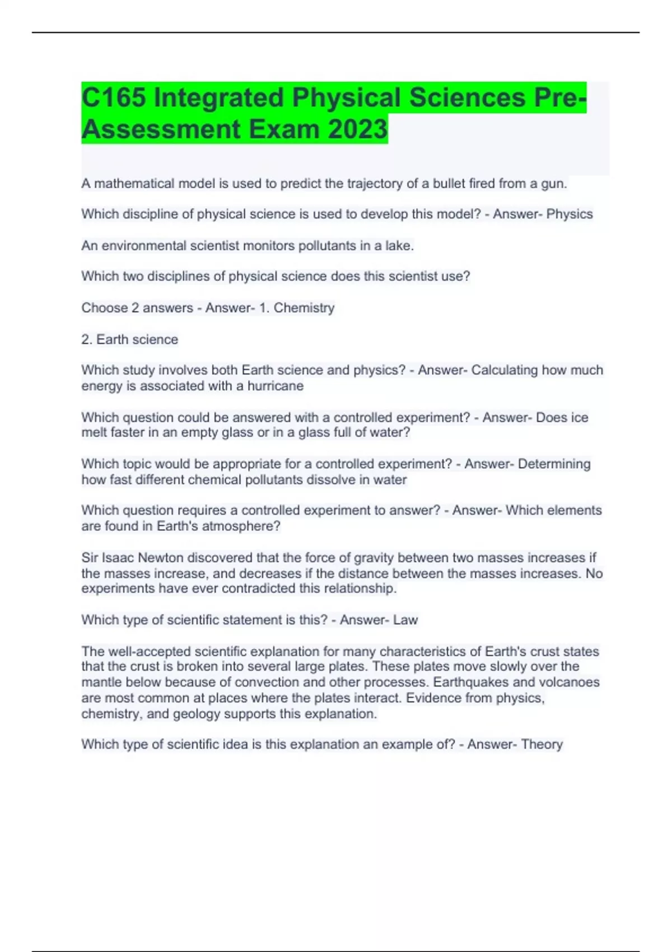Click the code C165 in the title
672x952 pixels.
click(x=114, y=97)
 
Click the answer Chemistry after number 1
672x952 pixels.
click(x=304, y=307)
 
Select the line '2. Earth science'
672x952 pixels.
click(x=130, y=339)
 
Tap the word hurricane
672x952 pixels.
click(x=276, y=386)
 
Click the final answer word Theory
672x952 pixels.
click(x=542, y=744)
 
